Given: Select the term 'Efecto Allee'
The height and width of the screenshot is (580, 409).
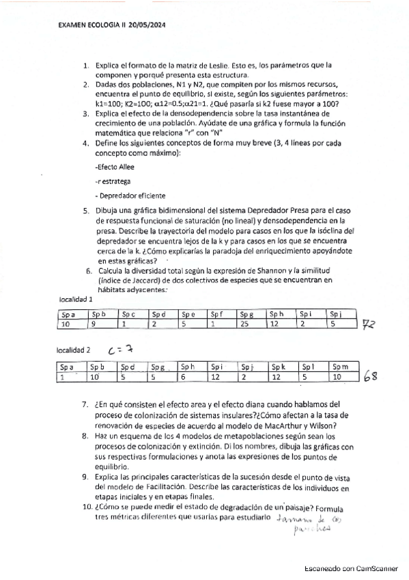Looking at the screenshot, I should coord(115,166).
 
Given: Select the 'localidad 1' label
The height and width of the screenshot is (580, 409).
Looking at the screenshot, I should coord(76,300).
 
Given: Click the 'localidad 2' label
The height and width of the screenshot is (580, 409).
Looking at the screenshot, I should coord(76,350).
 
